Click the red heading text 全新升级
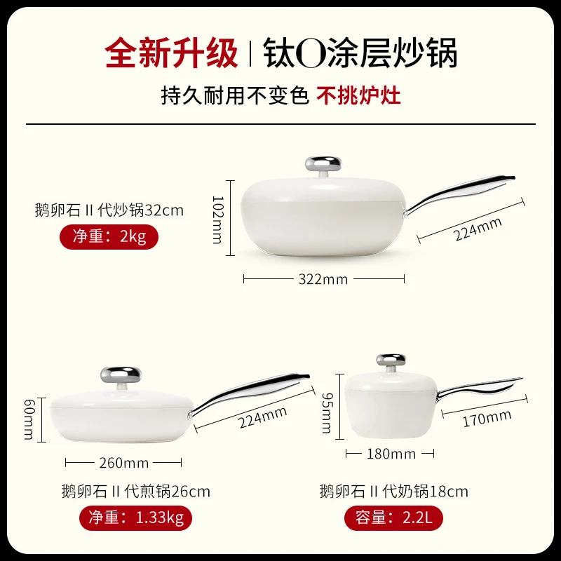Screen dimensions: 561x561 (x=171, y=53)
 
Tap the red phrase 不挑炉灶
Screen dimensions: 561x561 (x=358, y=95)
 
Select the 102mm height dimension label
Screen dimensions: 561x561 (x=218, y=219)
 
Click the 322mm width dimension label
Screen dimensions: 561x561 (x=323, y=279)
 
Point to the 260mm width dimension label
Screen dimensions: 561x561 (x=124, y=463)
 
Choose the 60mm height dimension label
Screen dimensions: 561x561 (x=29, y=419)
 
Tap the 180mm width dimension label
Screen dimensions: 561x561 (x=391, y=454)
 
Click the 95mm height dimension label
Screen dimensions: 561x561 (x=327, y=413)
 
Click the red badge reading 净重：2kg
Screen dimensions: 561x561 (x=109, y=236)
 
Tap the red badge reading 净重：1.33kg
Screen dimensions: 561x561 (x=135, y=518)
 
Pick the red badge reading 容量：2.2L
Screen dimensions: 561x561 (x=393, y=518)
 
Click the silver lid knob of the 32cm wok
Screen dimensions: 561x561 (x=323, y=164)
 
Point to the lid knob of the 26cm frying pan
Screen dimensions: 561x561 (x=121, y=375)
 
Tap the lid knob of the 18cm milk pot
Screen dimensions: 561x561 (x=391, y=360)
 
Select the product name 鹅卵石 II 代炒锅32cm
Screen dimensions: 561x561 (x=109, y=210)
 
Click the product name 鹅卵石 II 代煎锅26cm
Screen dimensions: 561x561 (x=135, y=492)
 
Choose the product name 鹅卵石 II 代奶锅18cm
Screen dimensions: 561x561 (x=393, y=492)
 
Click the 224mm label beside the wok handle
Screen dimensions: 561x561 (x=478, y=229)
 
